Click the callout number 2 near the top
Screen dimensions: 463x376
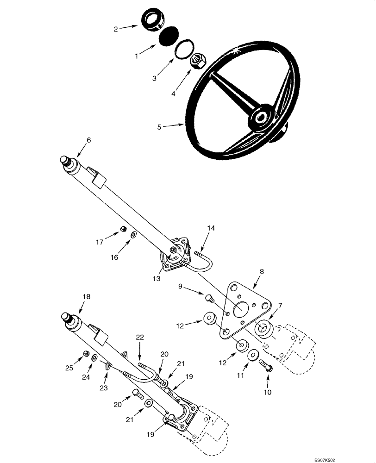[115, 29]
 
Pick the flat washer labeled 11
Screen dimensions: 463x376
[253, 356]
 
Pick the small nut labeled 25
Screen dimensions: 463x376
[86, 354]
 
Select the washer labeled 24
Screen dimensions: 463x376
[94, 357]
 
